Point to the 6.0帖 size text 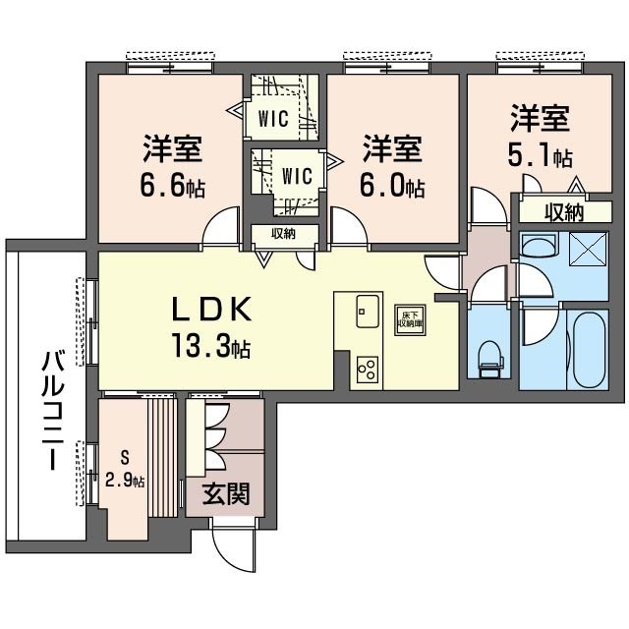point(392,186)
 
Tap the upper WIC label point(272,120)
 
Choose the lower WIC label point(296,177)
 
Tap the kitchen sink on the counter point(366,312)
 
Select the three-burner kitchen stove point(367,370)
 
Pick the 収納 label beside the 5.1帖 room point(564,210)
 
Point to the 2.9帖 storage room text point(126,481)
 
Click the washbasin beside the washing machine point(539,249)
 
